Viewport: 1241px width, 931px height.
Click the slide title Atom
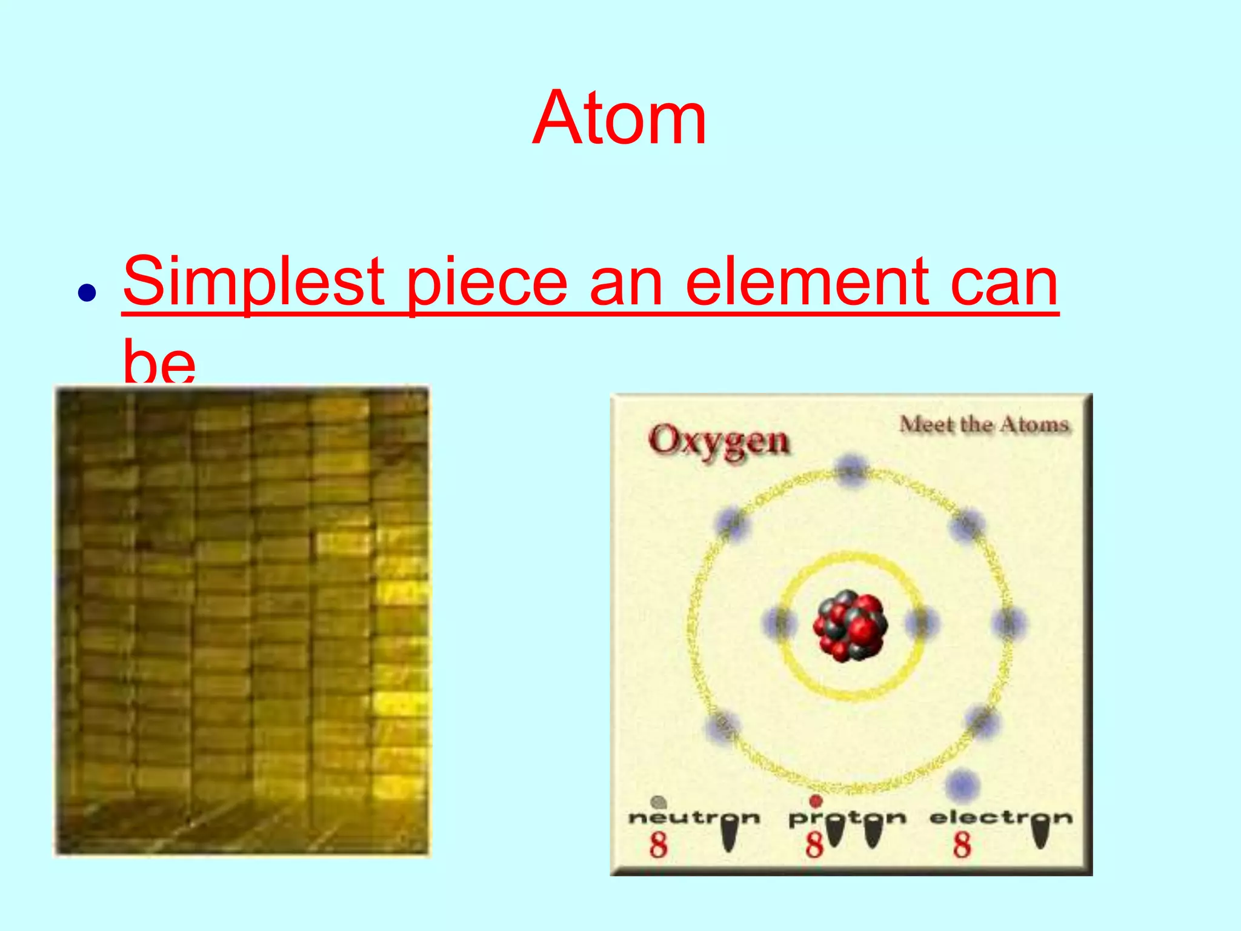coord(619,118)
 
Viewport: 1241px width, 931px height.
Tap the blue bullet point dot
coord(87,293)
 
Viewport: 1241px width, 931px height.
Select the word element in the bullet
coord(806,282)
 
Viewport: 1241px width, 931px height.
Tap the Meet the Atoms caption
coord(983,424)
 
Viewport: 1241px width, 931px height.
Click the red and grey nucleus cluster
coord(850,626)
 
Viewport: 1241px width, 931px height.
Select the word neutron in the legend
coord(694,818)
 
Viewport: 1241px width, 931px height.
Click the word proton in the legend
coord(847,818)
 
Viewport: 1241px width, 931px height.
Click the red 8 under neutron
coord(658,845)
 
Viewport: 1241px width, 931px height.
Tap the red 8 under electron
coord(962,845)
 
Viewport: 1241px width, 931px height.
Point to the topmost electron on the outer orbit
coord(851,468)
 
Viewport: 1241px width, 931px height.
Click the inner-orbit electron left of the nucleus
coord(779,622)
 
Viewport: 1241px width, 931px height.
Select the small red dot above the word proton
coord(816,801)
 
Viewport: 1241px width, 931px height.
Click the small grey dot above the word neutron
coord(658,803)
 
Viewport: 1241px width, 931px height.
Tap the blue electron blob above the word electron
coord(962,785)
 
